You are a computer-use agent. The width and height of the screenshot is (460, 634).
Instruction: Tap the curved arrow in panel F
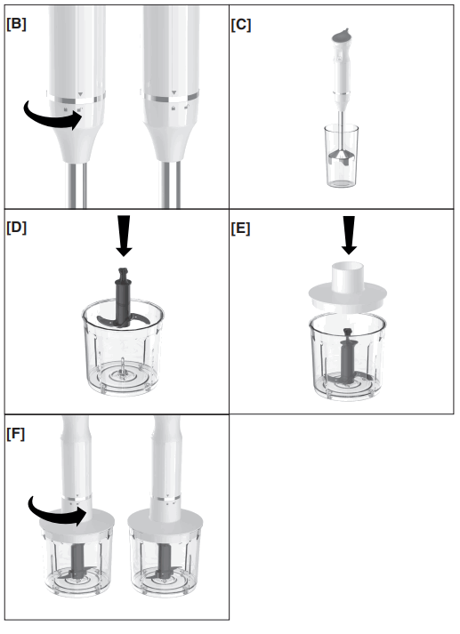(53, 513)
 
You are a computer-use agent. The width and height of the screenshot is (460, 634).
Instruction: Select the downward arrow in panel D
(123, 237)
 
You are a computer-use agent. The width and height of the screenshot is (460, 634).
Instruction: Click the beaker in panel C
(341, 160)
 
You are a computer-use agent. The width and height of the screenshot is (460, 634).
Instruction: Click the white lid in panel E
(348, 293)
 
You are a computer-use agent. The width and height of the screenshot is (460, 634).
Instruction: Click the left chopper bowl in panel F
(77, 565)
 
